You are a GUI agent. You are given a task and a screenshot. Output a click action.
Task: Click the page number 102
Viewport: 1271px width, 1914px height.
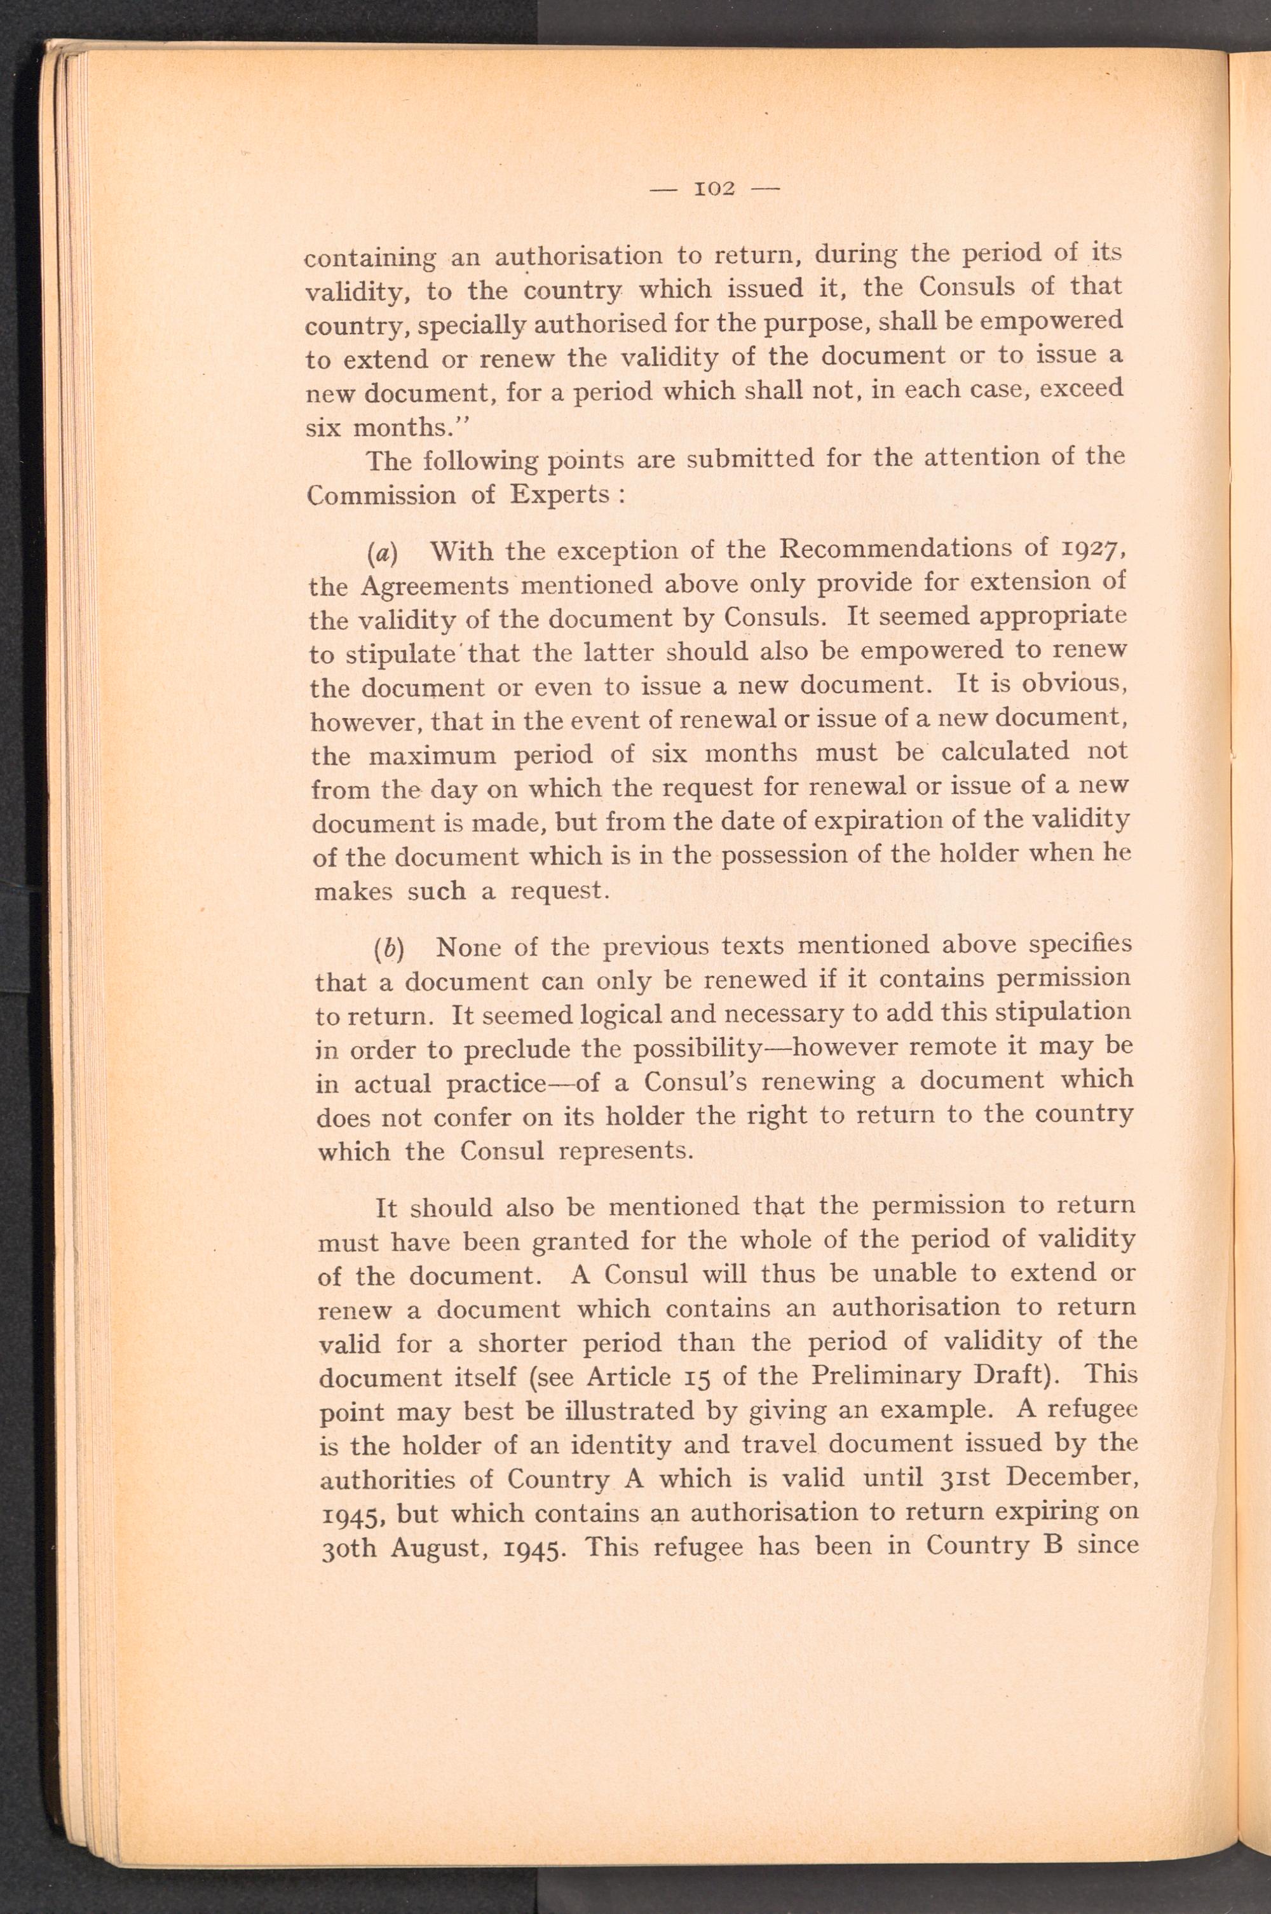pyautogui.click(x=715, y=189)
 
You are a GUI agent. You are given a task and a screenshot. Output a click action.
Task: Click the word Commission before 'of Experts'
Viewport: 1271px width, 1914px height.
pyautogui.click(x=379, y=496)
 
